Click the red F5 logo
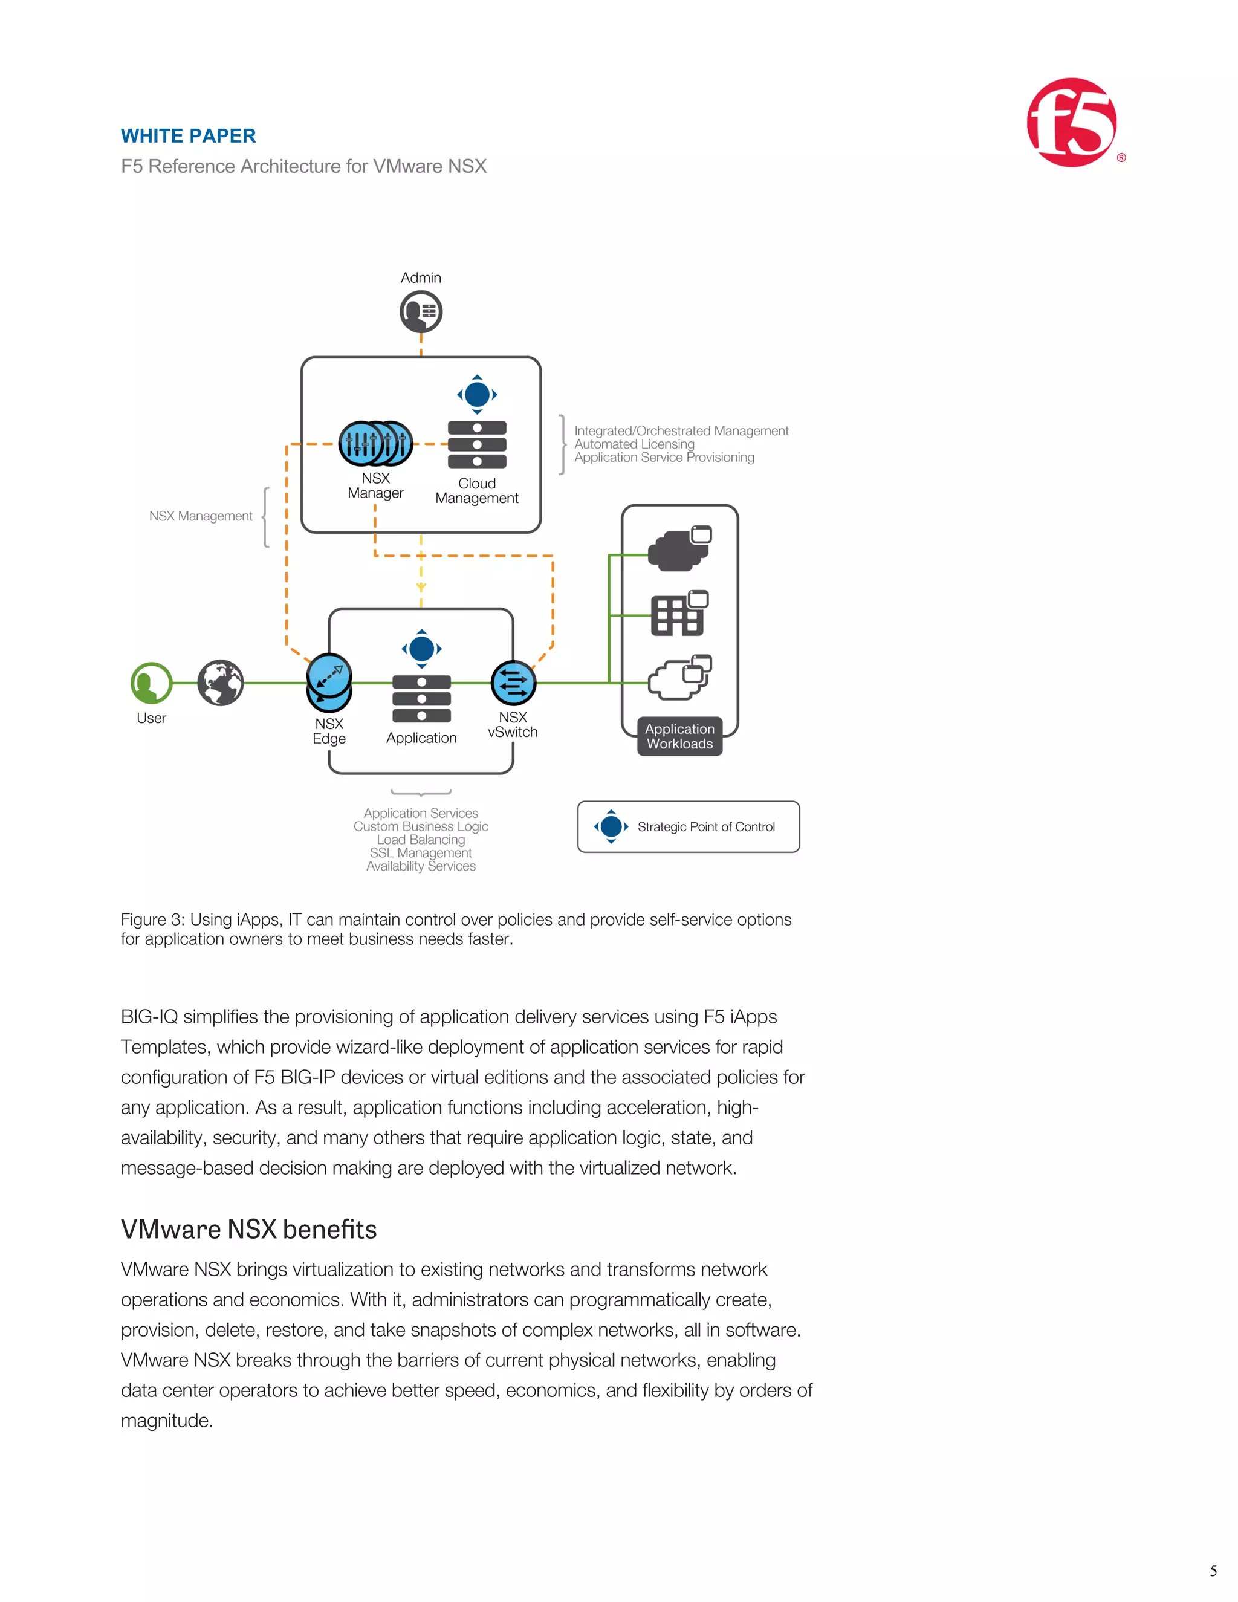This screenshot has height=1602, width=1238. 1072,123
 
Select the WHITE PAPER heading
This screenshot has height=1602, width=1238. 189,137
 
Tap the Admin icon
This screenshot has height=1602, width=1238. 421,312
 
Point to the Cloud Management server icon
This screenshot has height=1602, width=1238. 477,444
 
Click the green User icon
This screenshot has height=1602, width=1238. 151,683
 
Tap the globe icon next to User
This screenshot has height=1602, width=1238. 220,683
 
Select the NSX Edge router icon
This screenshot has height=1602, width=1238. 329,682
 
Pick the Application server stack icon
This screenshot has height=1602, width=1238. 422,698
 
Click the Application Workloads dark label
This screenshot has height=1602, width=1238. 680,736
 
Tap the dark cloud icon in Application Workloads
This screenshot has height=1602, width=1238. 679,550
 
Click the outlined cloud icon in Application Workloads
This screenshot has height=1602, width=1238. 679,678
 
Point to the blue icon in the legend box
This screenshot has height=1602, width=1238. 611,826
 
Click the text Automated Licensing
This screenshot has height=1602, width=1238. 634,444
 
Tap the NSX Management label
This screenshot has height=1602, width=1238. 200,516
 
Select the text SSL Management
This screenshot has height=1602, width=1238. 420,853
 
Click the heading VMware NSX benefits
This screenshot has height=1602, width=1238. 248,1230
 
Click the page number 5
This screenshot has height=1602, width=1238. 1213,1571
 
